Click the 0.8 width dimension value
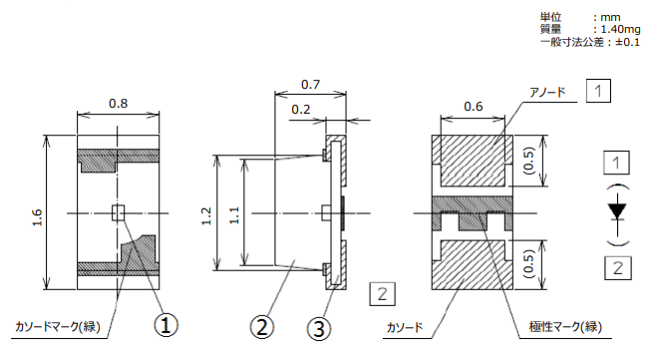coord(118,103)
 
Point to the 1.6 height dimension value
coord(37,217)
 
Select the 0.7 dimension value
coord(311,85)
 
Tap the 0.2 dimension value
coord(301,110)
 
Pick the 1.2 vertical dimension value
coord(206,216)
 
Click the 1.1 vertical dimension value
coord(234,215)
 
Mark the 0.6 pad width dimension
coord(474,107)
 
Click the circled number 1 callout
coord(166,325)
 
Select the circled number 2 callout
coord(262,327)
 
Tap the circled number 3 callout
coord(319,329)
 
